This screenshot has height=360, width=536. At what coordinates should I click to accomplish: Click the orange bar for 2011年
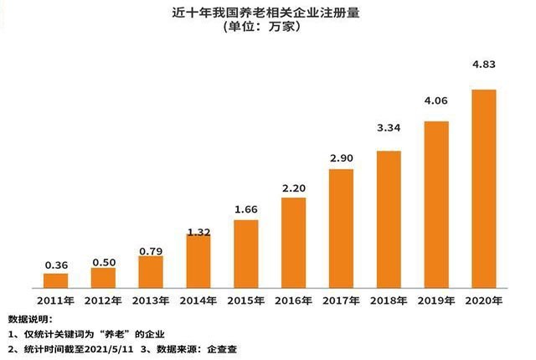(55, 280)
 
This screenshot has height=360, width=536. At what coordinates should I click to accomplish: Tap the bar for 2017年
(341, 228)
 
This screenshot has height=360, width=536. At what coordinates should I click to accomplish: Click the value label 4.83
(484, 78)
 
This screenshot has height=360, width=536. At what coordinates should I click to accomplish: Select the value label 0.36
(55, 265)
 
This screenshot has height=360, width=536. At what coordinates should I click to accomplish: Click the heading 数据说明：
(29, 319)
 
